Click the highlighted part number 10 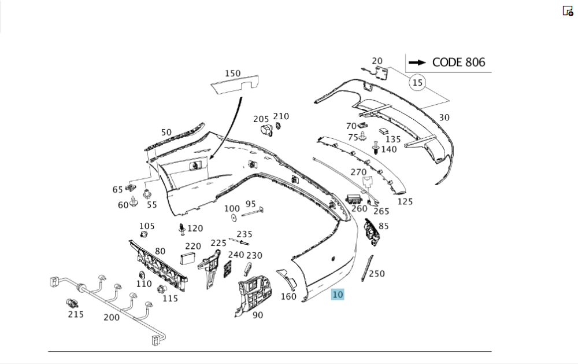click(338, 295)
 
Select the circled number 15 click(417, 83)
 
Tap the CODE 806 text click(459, 62)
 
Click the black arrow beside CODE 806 click(416, 62)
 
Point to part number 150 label click(232, 73)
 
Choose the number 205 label click(261, 119)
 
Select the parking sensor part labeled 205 click(266, 131)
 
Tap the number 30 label click(444, 117)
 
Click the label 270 click(358, 172)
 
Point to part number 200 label click(112, 317)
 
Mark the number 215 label click(76, 314)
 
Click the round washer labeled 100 click(234, 218)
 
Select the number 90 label click(258, 315)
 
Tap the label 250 click(377, 274)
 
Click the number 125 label click(405, 201)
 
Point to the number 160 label click(288, 297)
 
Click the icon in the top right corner click(568, 10)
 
